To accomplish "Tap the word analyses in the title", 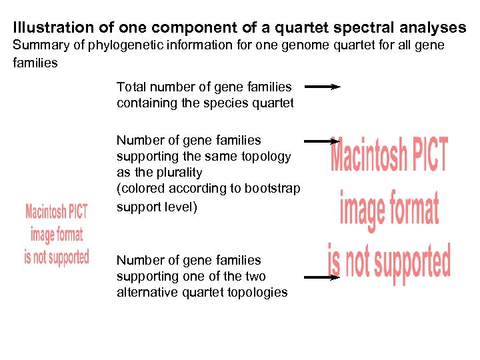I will [433, 28].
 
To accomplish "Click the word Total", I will [131, 87].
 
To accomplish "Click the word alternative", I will [145, 293].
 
